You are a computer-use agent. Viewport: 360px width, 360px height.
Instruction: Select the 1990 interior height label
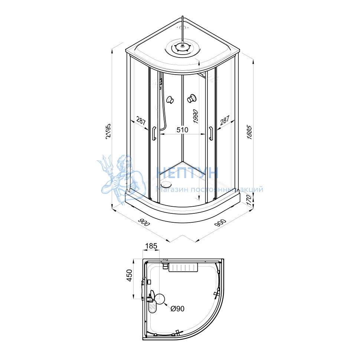[x=195, y=117]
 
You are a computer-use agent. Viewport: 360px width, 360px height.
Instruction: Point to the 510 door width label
[x=182, y=130]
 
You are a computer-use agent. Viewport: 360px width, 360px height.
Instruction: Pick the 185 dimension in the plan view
[x=151, y=246]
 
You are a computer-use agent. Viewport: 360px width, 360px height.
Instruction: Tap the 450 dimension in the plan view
[x=130, y=275]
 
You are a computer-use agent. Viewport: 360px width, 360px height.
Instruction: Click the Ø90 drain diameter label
[x=177, y=309]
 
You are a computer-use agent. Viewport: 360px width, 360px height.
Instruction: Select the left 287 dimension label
[x=141, y=121]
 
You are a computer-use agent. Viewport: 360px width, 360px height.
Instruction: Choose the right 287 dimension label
[x=225, y=120]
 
